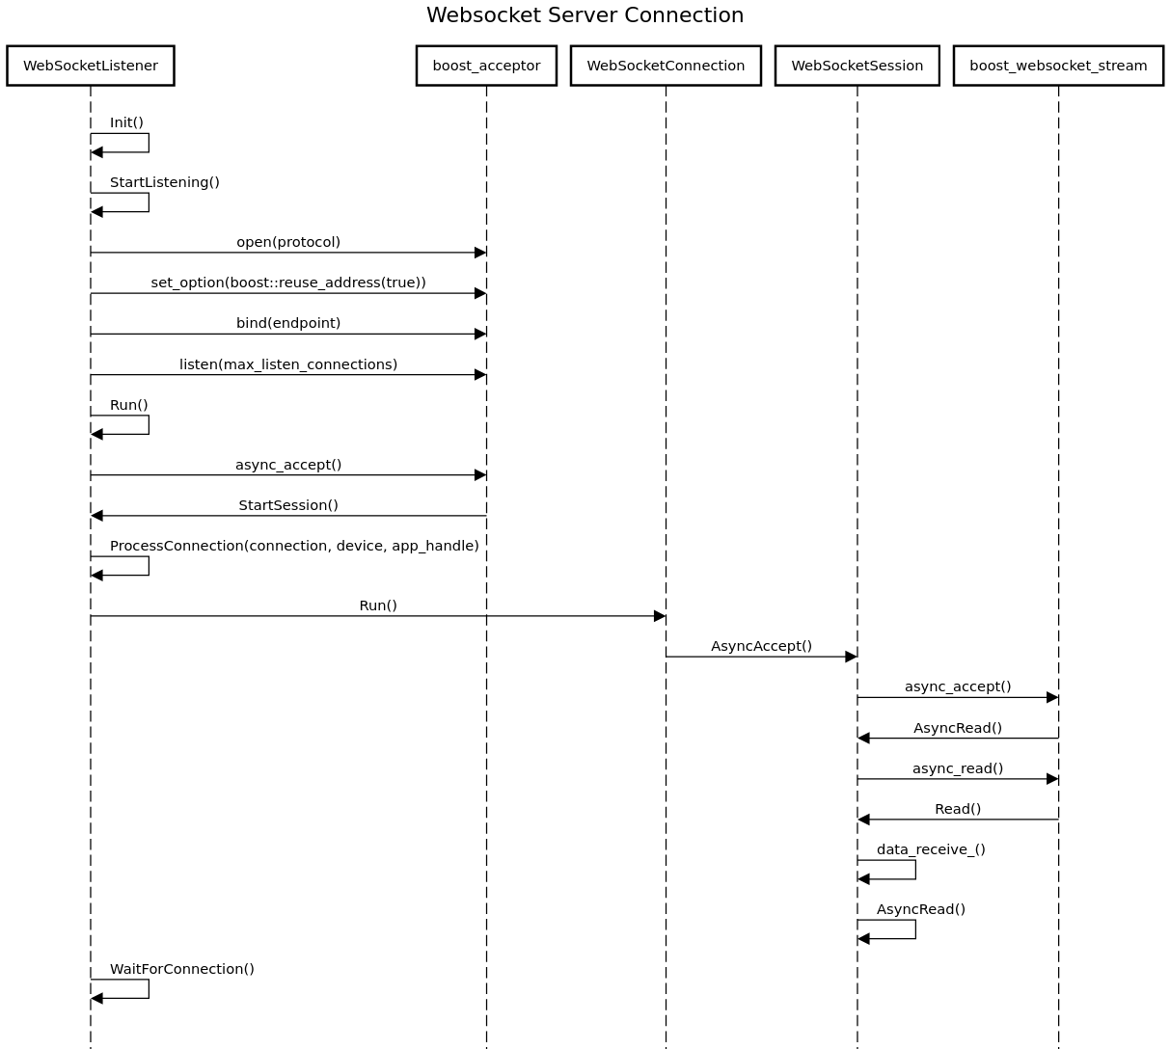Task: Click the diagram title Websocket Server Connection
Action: [585, 15]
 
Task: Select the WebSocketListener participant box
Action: [91, 66]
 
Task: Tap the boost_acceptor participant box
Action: [486, 66]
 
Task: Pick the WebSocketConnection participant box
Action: [666, 66]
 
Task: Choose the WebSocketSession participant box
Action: [857, 66]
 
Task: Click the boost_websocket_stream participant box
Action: [1058, 66]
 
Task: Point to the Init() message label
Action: [126, 122]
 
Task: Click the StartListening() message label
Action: [165, 182]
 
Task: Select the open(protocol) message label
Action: [288, 242]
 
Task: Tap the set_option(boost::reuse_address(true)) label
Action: [288, 282]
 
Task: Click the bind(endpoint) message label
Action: [288, 323]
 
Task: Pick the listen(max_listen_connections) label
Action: [288, 364]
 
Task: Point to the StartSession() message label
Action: [288, 505]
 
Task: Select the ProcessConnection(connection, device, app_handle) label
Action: [294, 546]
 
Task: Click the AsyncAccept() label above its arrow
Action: [761, 646]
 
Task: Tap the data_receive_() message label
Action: [931, 849]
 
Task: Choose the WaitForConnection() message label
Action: [182, 969]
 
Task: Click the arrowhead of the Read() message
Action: [863, 820]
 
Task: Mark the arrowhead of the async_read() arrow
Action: [1052, 779]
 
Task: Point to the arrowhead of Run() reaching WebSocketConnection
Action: [660, 616]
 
